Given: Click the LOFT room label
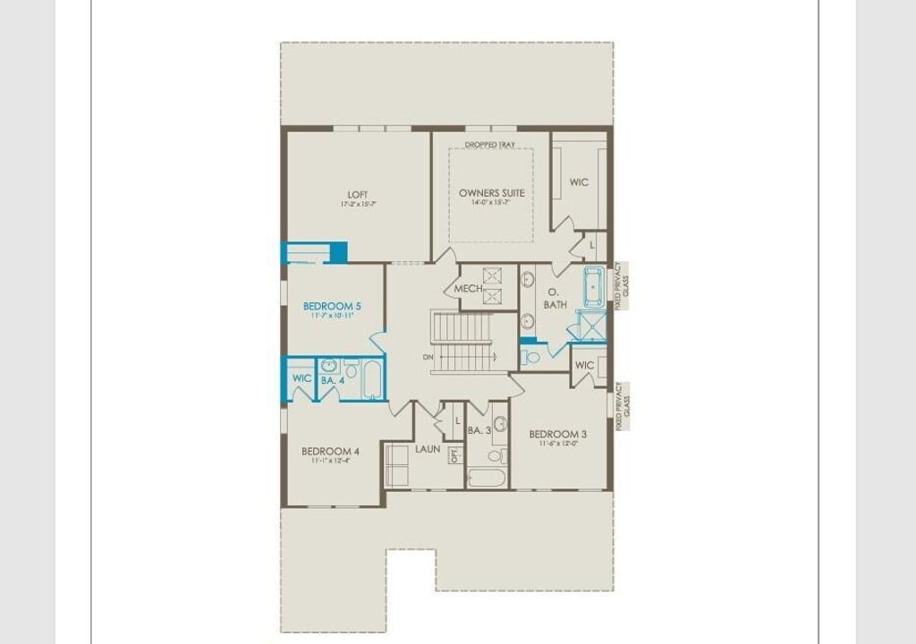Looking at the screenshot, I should [x=358, y=195].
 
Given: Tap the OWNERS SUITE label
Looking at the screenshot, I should [x=492, y=192].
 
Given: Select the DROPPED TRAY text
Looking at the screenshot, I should [x=491, y=144].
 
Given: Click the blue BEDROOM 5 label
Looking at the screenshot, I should [x=332, y=306].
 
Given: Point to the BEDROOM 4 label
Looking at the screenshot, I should [x=331, y=451].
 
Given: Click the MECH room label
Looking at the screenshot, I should [x=468, y=289].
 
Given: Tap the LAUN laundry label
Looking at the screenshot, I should [x=428, y=448].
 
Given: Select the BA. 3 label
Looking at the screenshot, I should [x=479, y=430].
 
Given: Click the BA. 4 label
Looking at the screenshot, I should [x=333, y=380].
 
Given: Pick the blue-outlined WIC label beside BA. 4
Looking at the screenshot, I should [x=302, y=378].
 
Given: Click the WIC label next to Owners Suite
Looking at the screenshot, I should [x=579, y=182].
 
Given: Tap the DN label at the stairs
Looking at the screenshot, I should [x=429, y=358].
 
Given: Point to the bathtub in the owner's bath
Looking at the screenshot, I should [x=595, y=286].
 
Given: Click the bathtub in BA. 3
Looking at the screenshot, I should [x=487, y=477].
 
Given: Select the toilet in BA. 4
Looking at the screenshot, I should [x=352, y=368].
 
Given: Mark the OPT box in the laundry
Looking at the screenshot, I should [x=454, y=454].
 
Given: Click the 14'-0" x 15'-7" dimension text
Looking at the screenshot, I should [x=491, y=203].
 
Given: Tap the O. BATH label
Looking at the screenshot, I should [x=554, y=299].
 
